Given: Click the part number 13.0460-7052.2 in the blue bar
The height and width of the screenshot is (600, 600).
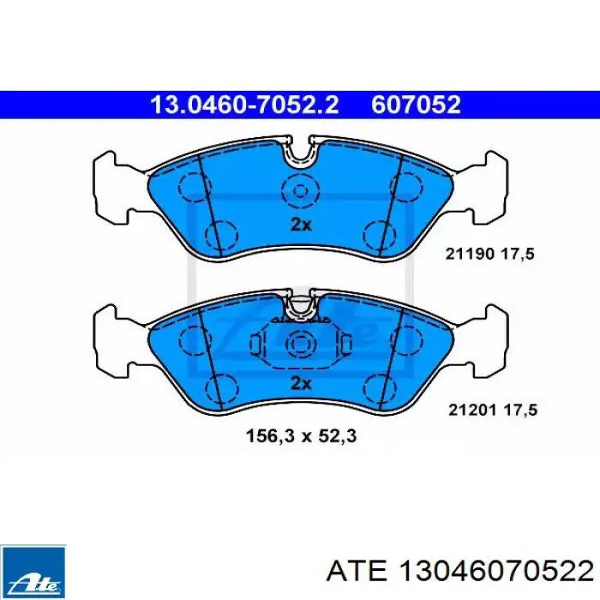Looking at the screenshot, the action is pyautogui.click(x=245, y=105).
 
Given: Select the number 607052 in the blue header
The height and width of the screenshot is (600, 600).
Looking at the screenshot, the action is pyautogui.click(x=416, y=105).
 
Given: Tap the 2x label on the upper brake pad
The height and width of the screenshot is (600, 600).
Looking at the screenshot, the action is pyautogui.click(x=301, y=225).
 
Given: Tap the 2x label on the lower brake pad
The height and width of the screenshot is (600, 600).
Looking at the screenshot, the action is pyautogui.click(x=301, y=383).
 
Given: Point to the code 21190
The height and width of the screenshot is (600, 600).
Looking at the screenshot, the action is pyautogui.click(x=470, y=254).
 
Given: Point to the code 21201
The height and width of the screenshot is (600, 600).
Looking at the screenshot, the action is pyautogui.click(x=472, y=411).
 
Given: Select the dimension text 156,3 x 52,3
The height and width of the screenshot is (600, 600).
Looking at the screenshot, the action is pyautogui.click(x=301, y=436).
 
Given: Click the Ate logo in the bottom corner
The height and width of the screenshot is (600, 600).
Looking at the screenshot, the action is pyautogui.click(x=33, y=572).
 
